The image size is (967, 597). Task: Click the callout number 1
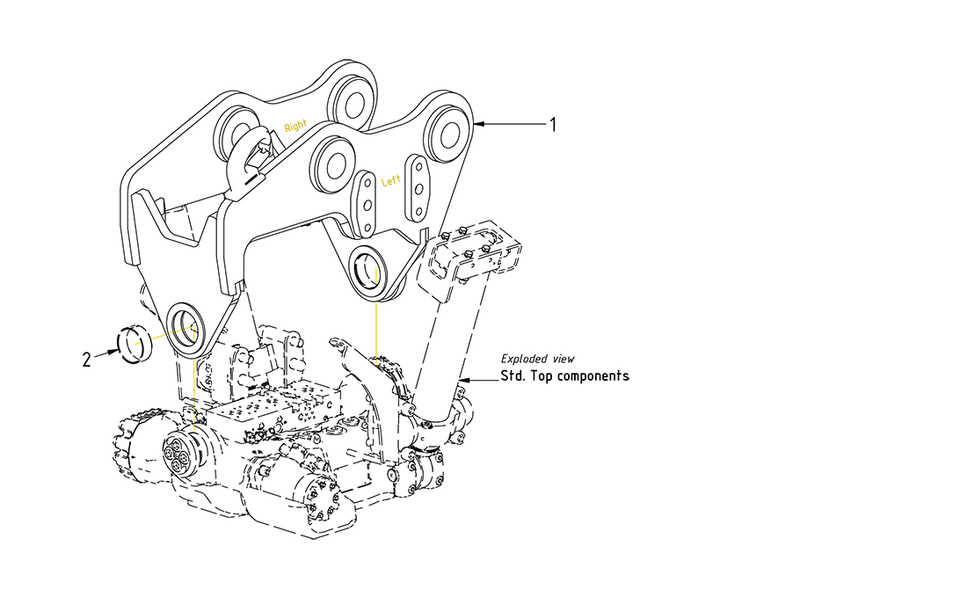[553, 125]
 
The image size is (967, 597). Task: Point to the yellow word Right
[296, 127]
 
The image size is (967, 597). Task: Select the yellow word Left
[391, 181]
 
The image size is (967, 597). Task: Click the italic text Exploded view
[537, 359]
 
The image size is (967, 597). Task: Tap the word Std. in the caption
[515, 376]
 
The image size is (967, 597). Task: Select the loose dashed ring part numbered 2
[135, 343]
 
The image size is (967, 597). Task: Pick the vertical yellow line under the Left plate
[375, 330]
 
